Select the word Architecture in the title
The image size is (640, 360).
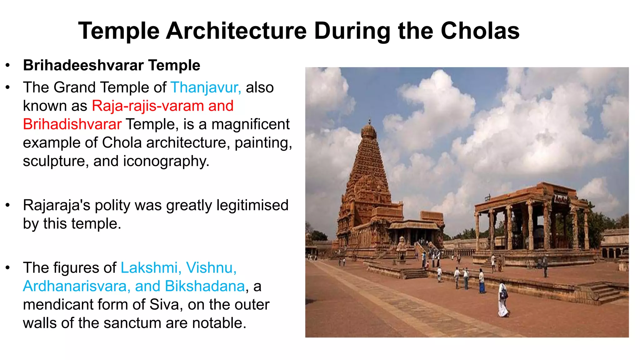(236, 31)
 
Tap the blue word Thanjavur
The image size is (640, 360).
(205, 87)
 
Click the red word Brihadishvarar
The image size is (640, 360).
(72, 124)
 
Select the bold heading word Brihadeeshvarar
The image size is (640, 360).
(83, 65)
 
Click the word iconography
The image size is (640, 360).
(166, 161)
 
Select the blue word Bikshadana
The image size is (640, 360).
(205, 286)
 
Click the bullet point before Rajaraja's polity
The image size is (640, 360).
(8, 205)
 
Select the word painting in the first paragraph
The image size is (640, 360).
(263, 143)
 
